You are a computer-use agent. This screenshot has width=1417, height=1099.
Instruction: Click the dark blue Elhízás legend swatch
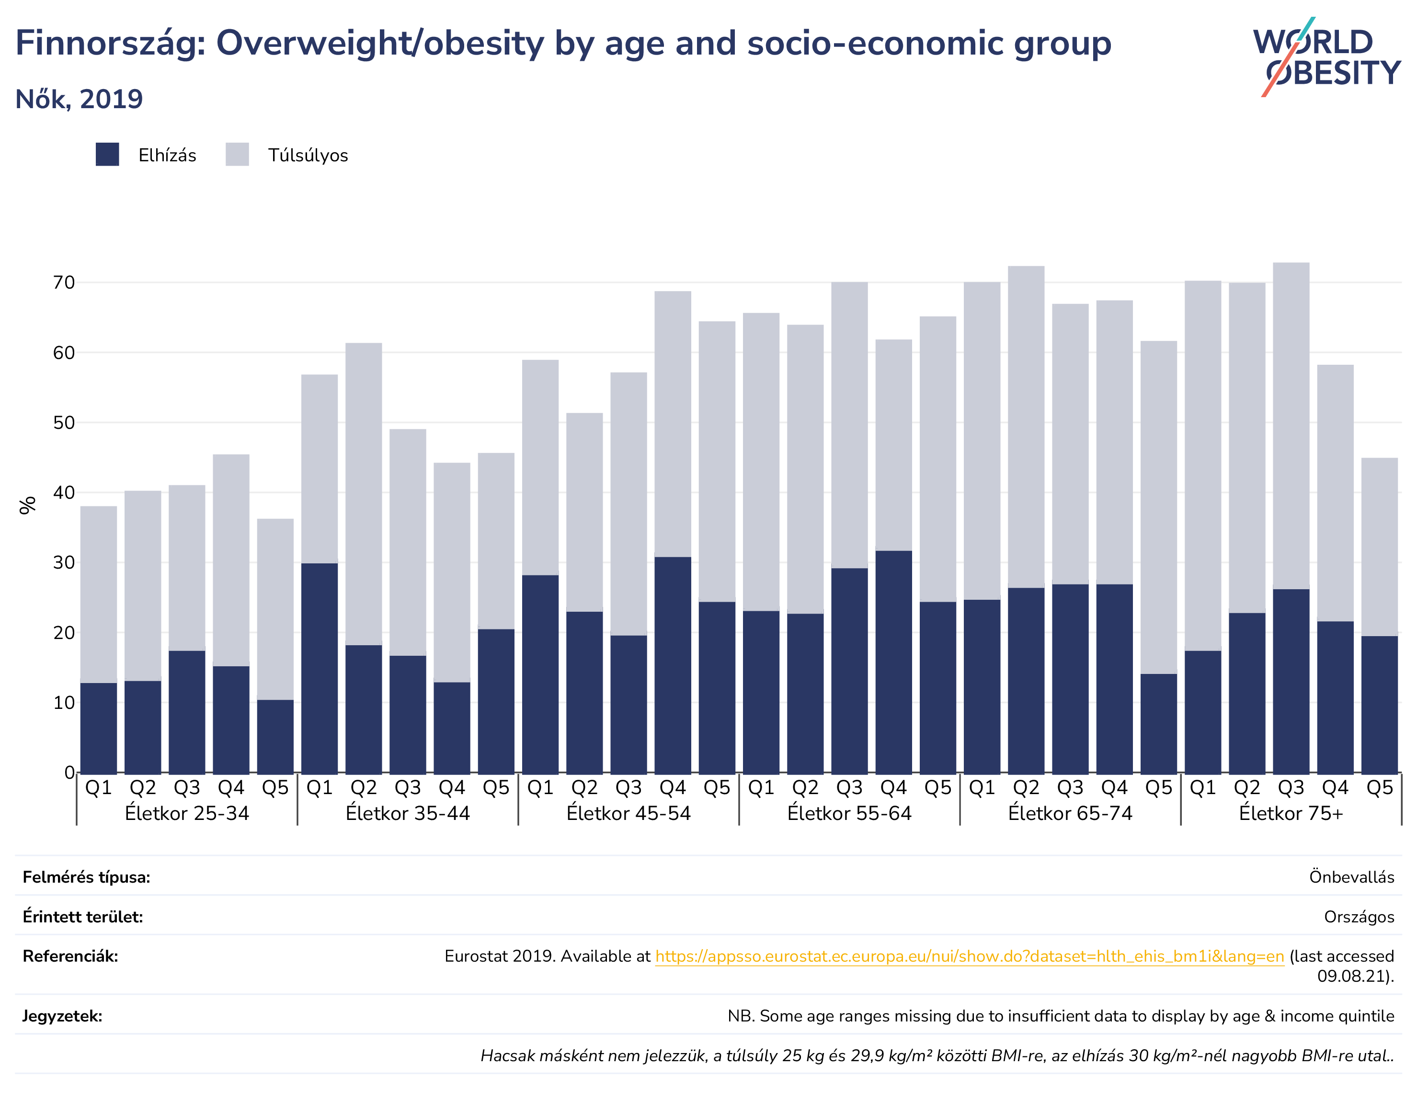pyautogui.click(x=107, y=154)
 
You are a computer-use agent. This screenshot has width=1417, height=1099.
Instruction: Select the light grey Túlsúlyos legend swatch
pyautogui.click(x=238, y=154)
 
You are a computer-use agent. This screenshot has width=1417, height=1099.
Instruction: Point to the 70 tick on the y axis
pyautogui.click(x=64, y=283)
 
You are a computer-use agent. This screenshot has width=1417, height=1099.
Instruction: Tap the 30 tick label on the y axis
pyautogui.click(x=64, y=563)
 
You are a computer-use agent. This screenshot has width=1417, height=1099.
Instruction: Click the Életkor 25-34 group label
pyautogui.click(x=187, y=813)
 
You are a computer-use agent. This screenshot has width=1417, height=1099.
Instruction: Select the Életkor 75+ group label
pyautogui.click(x=1291, y=813)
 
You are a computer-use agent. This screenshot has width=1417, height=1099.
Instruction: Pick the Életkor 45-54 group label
pyautogui.click(x=629, y=813)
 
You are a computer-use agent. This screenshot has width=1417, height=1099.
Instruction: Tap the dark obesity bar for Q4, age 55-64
pyautogui.click(x=894, y=662)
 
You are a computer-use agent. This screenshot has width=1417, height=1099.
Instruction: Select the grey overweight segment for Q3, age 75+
pyautogui.click(x=1291, y=426)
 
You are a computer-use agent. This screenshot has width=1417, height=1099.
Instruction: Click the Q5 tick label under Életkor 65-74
pyautogui.click(x=1159, y=788)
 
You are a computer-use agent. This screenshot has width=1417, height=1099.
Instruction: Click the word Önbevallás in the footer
pyautogui.click(x=1351, y=877)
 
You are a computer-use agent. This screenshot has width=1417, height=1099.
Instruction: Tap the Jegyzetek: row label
pyautogui.click(x=62, y=1016)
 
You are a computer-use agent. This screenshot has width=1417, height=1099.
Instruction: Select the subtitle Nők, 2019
pyautogui.click(x=79, y=99)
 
